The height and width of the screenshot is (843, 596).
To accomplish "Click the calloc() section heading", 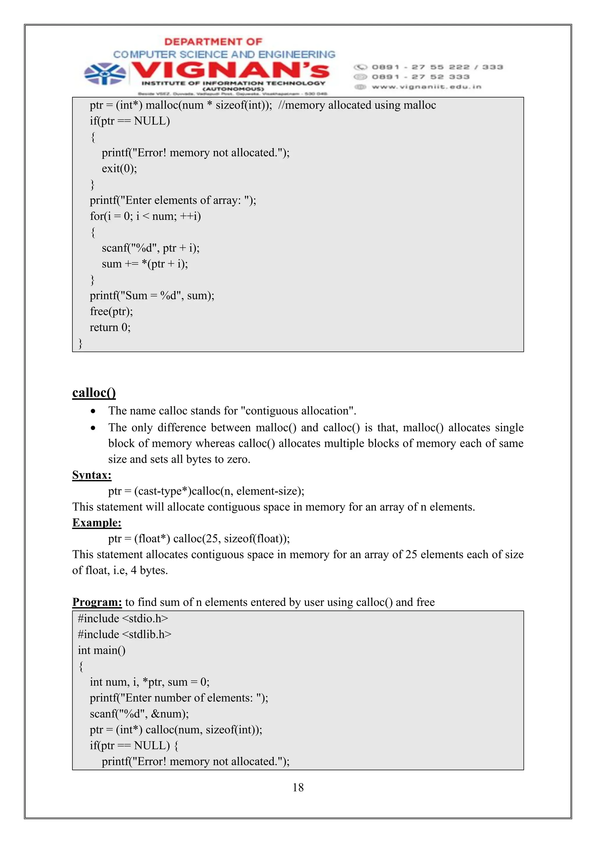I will click(x=94, y=393).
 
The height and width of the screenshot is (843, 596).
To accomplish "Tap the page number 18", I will click(x=298, y=787).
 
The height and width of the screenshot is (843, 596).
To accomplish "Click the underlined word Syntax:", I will click(x=92, y=475).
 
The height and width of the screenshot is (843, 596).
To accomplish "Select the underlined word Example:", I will click(x=97, y=522).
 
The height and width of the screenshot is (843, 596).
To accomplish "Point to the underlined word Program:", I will click(x=97, y=602).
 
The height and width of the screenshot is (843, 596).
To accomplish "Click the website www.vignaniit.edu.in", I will click(x=426, y=87).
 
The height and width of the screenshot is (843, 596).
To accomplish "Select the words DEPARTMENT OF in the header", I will click(x=213, y=42).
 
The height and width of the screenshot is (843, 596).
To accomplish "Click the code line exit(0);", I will click(x=119, y=168).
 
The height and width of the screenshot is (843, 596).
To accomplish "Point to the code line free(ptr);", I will click(x=111, y=311).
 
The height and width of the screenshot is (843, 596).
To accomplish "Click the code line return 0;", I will click(x=110, y=327).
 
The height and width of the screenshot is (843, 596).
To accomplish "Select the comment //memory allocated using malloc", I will click(x=357, y=105).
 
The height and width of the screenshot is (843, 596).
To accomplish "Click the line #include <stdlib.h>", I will click(x=125, y=634).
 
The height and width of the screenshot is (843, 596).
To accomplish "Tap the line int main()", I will click(x=102, y=650).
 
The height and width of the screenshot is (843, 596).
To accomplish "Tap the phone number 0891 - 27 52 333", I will click(x=421, y=77).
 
